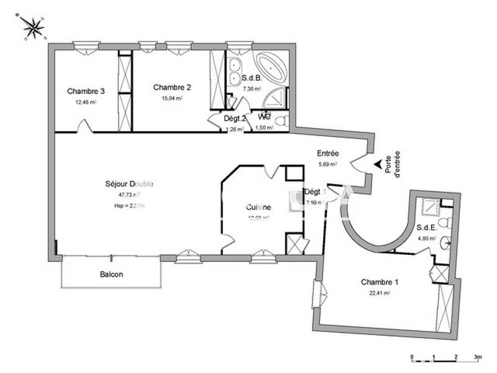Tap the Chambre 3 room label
pos(86,91)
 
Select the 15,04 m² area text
pos(171,98)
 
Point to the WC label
pos(265,116)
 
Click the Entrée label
pos(327,153)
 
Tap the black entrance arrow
pos(377,164)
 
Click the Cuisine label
pos(258,207)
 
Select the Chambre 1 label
pos(380,282)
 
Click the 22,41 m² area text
pos(380,292)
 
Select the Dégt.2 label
pos(218,118)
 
